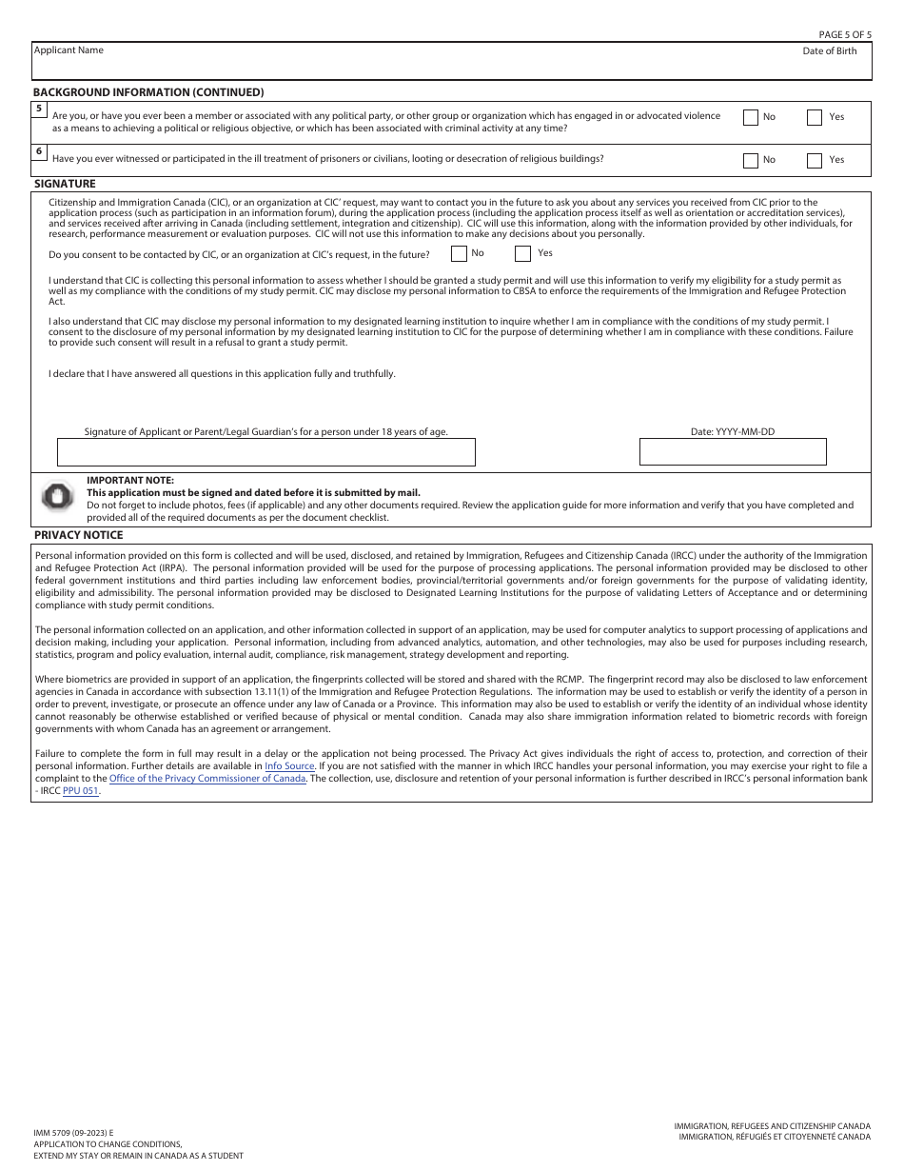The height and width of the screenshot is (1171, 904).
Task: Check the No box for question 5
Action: pos(751,118)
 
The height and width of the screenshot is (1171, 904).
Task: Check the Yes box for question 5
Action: pos(815,118)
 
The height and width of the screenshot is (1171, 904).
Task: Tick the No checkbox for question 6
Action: pos(751,161)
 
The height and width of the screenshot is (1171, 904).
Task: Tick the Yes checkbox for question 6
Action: pos(815,161)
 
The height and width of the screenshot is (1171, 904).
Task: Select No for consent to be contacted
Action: pos(459,254)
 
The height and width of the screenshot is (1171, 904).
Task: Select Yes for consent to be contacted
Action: pos(522,254)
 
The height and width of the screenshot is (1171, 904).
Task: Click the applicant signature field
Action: pos(266,452)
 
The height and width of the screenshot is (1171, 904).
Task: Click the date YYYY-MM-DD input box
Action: pos(733,452)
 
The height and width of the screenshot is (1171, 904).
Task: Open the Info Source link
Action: pos(289,765)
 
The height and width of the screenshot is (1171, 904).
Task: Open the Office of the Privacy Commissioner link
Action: pos(207,778)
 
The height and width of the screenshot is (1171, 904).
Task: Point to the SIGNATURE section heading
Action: pos(65,184)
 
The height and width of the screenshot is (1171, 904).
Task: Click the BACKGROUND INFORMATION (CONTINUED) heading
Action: pos(148,92)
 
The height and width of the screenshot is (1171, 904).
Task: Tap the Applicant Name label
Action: pos(69,50)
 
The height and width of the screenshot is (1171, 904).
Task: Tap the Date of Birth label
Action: pos(829,51)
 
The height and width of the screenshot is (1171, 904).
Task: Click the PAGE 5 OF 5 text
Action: pos(845,34)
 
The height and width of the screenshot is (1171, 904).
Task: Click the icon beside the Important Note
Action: pos(58,496)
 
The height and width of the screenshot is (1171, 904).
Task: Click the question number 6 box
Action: pos(39,151)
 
